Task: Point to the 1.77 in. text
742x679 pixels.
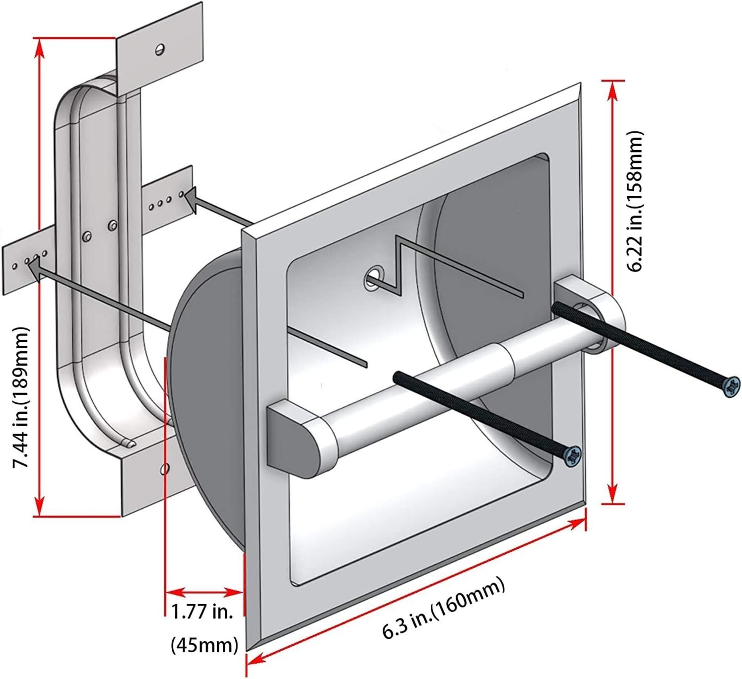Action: click(202, 611)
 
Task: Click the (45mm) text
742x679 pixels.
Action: click(204, 645)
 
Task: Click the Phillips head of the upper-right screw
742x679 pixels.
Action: click(731, 386)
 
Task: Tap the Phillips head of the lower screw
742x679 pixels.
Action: click(573, 455)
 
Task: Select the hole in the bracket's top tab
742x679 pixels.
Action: click(160, 49)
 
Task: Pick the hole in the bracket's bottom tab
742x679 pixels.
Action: click(165, 468)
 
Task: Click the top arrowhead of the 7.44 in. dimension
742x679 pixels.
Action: click(39, 47)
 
